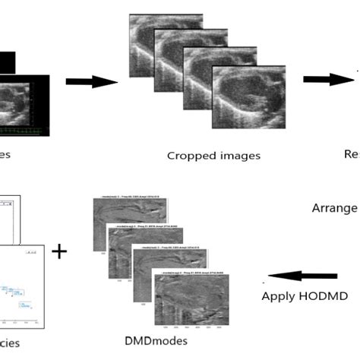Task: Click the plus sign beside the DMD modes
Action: (x=58, y=250)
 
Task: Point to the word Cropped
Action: (x=190, y=156)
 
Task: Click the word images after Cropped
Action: (x=238, y=156)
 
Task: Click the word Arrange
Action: (x=334, y=208)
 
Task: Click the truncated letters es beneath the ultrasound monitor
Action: (x=6, y=156)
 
